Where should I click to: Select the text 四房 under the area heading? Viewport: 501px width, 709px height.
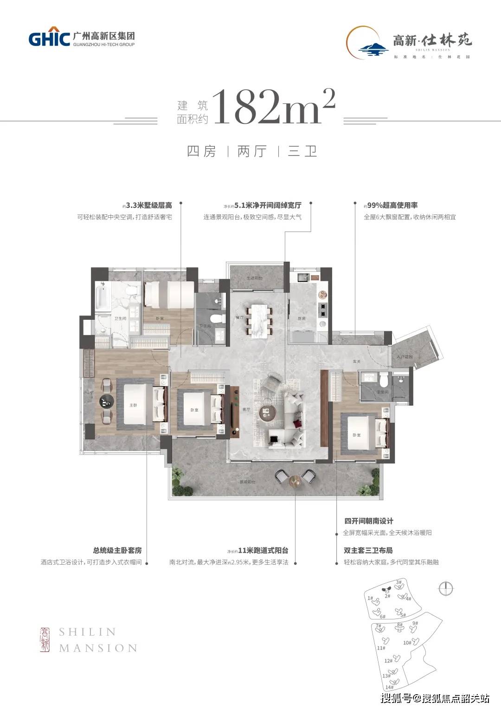[x=201, y=152]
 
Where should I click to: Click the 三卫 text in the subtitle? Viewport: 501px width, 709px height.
[x=302, y=152]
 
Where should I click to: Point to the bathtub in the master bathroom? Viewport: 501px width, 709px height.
[x=102, y=299]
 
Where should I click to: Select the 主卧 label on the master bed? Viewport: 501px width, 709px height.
[x=133, y=405]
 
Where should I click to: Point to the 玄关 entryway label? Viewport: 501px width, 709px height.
[x=356, y=361]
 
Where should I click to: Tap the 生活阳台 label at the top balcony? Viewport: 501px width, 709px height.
[x=254, y=278]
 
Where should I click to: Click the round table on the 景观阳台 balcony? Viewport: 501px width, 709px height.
[x=295, y=481]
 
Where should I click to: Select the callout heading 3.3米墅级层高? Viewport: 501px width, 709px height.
[x=148, y=206]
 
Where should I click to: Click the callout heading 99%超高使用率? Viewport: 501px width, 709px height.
[x=392, y=205]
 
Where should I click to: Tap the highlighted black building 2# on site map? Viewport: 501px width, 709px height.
[x=385, y=590]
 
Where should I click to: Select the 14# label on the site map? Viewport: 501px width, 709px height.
[x=389, y=687]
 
